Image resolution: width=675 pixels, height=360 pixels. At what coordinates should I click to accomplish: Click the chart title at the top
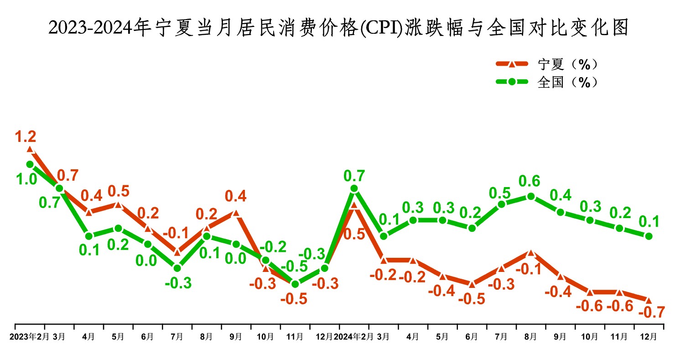(x=337, y=28)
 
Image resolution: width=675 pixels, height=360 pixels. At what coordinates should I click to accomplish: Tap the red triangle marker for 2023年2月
(x=30, y=149)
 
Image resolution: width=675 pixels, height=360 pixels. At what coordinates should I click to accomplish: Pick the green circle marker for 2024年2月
(x=354, y=188)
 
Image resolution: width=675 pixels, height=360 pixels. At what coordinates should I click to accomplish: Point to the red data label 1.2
(x=26, y=136)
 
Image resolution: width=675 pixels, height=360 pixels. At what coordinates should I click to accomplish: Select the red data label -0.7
(x=651, y=313)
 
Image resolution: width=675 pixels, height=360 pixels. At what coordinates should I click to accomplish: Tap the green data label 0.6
(x=530, y=181)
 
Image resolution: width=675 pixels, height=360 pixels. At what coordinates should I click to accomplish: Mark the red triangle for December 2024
(x=648, y=300)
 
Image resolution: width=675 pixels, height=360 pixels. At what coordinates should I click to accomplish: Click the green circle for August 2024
(x=530, y=197)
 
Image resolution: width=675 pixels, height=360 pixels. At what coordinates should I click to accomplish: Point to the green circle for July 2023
(x=177, y=268)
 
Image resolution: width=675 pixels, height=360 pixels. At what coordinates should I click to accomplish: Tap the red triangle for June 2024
(x=472, y=284)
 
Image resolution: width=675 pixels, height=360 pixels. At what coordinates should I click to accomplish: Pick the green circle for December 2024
(x=648, y=236)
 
